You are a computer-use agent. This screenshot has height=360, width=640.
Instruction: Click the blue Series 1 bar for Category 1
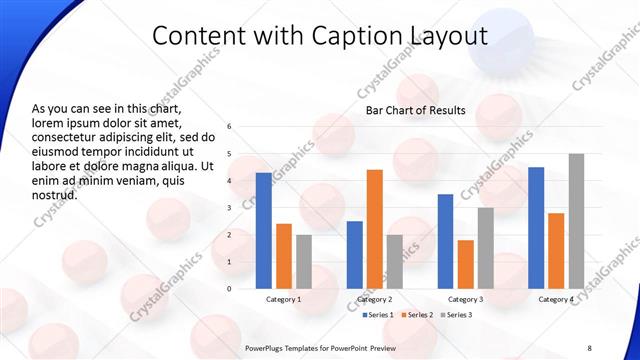tap(263, 230)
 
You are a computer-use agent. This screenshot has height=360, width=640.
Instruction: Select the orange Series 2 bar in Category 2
tap(375, 229)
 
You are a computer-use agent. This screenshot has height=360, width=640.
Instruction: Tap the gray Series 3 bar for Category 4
tap(576, 221)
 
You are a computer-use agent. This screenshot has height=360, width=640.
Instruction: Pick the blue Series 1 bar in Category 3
tap(445, 241)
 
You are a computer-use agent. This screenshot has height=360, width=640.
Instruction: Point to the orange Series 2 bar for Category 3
tap(465, 264)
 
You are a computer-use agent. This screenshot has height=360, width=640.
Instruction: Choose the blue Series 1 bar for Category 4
tap(536, 228)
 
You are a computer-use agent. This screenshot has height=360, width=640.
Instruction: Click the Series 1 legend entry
tap(377, 315)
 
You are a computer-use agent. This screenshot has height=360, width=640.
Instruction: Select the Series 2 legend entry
tap(415, 315)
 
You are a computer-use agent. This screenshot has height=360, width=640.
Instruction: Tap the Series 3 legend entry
tap(455, 315)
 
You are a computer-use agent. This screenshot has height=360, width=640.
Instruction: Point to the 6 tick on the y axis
tap(230, 127)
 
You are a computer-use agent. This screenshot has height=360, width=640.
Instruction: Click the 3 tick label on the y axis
tap(230, 208)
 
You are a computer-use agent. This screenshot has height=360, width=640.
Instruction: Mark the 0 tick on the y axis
tap(230, 289)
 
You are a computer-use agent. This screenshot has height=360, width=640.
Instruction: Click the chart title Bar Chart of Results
tap(415, 109)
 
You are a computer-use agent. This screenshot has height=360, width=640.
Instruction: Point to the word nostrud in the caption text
tap(55, 196)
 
